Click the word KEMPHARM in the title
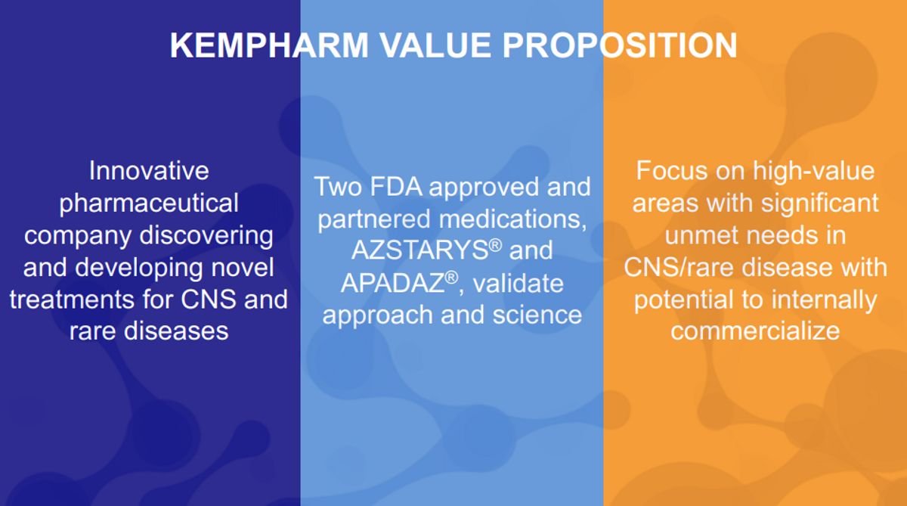(x=269, y=45)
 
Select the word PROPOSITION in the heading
(x=620, y=45)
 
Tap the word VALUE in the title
(x=435, y=45)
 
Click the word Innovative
(x=149, y=170)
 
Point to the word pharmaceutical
(x=149, y=203)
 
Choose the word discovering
(x=206, y=235)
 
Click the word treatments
(x=71, y=300)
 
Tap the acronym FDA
(x=396, y=187)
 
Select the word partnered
(x=373, y=219)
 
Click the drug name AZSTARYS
(x=420, y=250)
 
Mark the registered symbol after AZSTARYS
(x=496, y=244)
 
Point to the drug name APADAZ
(x=392, y=282)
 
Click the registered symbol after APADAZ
(x=451, y=277)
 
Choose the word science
(x=537, y=315)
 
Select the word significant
(x=819, y=203)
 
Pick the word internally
(x=824, y=300)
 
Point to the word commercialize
(x=755, y=331)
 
